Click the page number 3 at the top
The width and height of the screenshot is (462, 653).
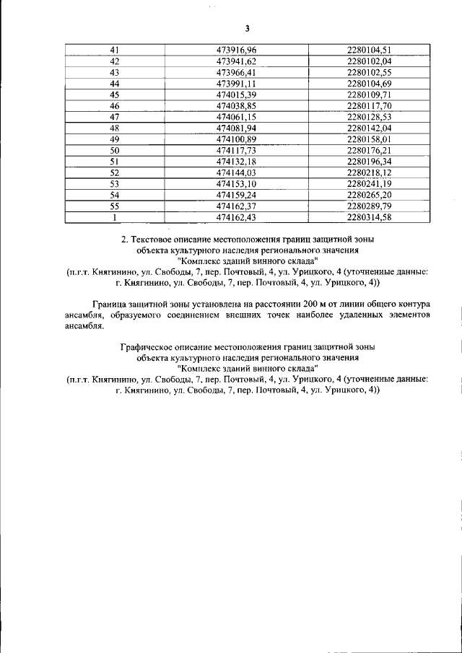[247, 29]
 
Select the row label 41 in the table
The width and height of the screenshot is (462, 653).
[114, 50]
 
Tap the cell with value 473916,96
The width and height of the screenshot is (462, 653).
[237, 50]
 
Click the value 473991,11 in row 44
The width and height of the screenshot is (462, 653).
[237, 84]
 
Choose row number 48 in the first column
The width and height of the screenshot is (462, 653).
[114, 128]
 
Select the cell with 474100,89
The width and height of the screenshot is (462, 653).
[237, 139]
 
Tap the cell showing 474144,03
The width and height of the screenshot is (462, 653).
[237, 173]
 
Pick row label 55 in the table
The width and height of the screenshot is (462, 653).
[114, 206]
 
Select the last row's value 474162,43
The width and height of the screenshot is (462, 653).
[237, 218]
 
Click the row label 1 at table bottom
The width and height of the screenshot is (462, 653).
[114, 218]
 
